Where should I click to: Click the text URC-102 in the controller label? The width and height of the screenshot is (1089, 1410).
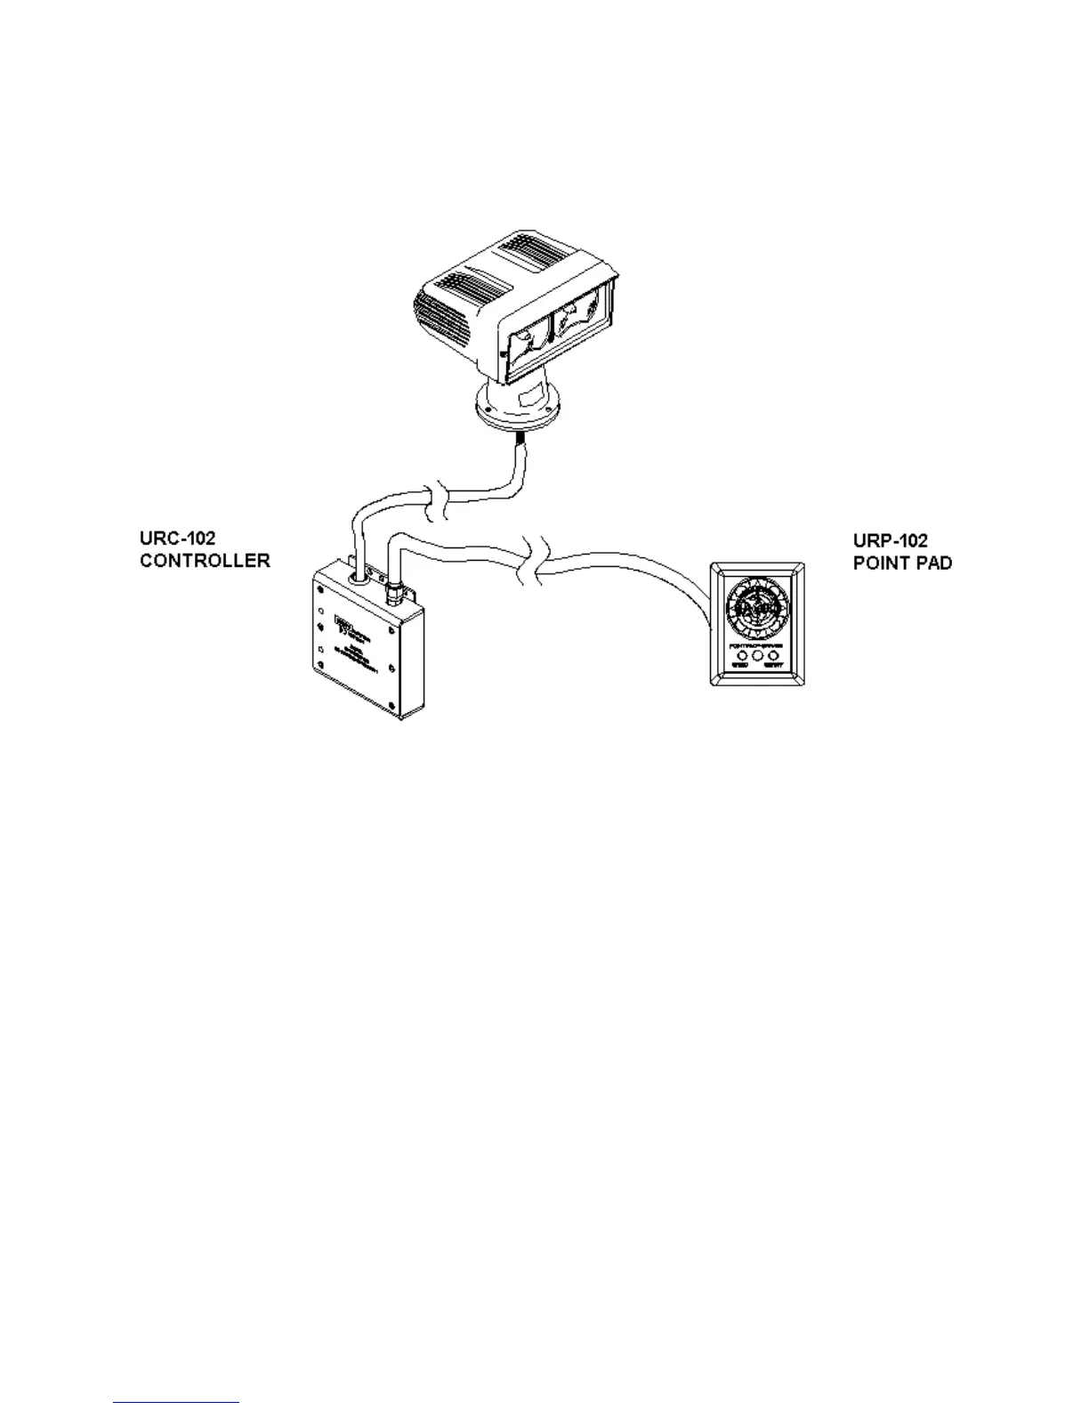(x=178, y=539)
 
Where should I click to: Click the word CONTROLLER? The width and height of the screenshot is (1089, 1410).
(x=205, y=562)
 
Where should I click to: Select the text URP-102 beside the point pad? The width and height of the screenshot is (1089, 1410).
(x=891, y=541)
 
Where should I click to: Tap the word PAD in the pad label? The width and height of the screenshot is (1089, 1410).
(x=933, y=563)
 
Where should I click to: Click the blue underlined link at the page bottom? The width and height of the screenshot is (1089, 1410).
(x=176, y=1404)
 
